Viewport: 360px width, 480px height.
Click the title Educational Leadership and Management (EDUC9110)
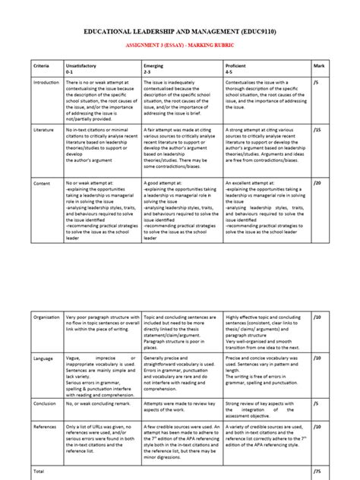point(181,34)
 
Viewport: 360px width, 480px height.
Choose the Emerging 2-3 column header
point(153,68)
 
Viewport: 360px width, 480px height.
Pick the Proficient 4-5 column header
point(240,68)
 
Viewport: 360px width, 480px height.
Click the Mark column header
point(319,66)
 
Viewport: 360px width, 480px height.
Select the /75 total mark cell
point(317,471)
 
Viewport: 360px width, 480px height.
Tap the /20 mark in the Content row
point(317,183)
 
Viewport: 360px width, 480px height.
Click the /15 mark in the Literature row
point(317,130)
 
